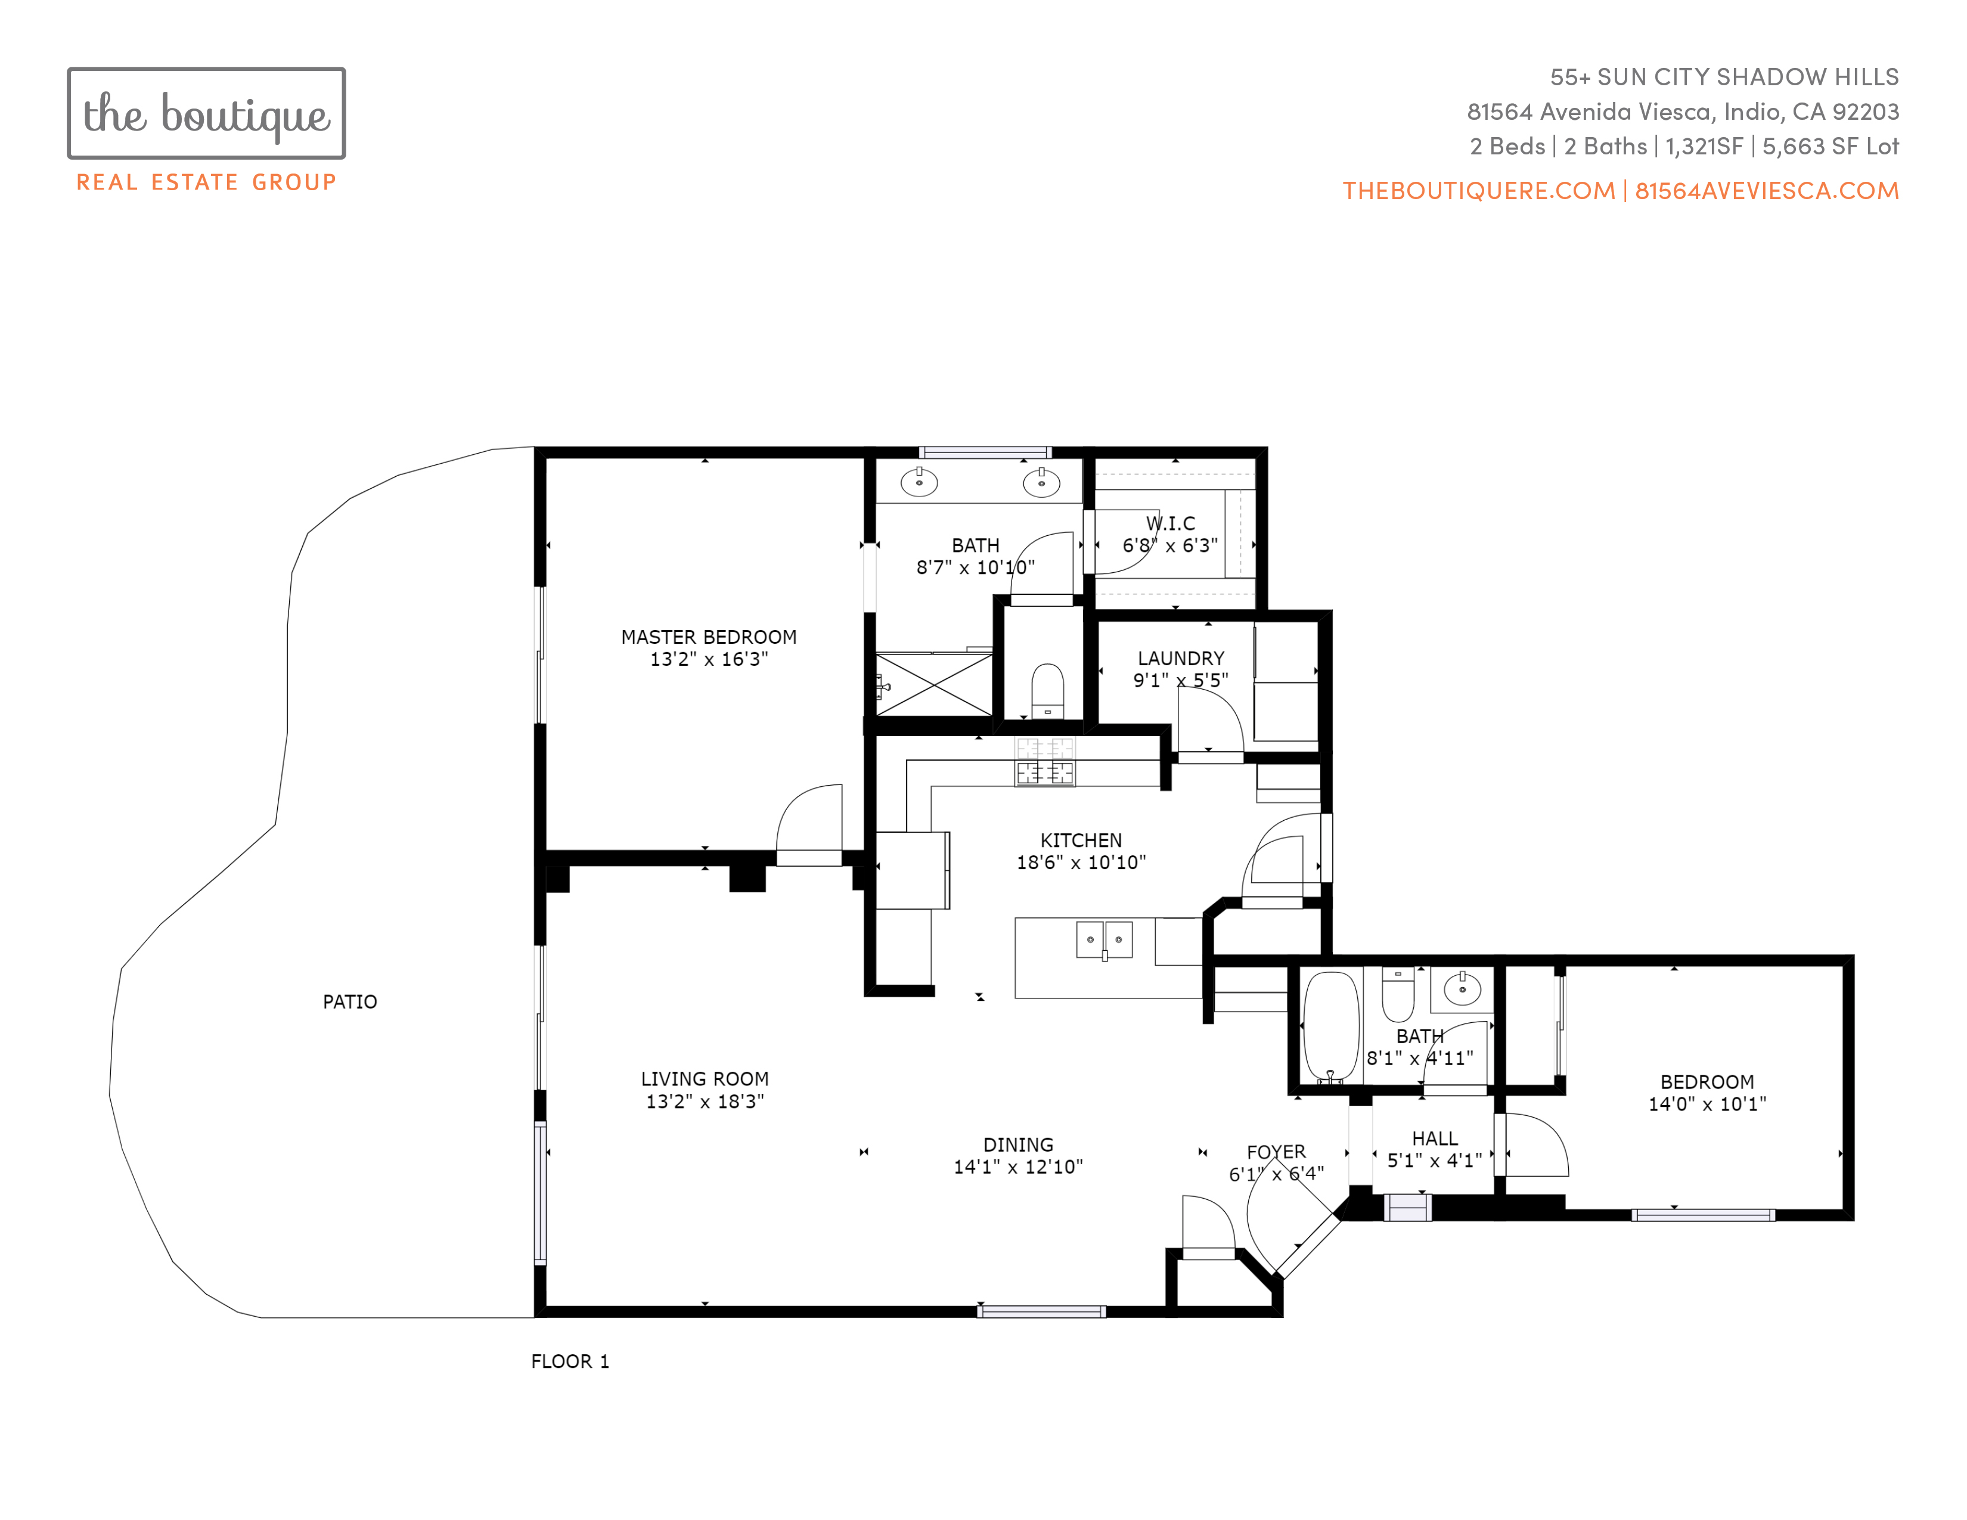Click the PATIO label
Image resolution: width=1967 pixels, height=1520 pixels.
349,1001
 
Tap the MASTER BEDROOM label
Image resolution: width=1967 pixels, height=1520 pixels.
709,637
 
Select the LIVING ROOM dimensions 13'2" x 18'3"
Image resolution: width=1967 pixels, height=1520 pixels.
705,1100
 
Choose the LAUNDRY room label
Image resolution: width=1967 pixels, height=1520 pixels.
1181,658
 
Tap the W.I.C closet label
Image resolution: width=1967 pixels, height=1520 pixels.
1170,523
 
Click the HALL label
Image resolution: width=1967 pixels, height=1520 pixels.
1435,1138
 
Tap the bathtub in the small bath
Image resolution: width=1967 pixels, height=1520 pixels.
1331,1026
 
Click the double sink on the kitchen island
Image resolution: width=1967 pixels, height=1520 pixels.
1104,939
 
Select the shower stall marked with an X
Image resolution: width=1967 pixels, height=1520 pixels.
934,684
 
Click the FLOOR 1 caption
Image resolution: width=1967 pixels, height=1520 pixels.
569,1361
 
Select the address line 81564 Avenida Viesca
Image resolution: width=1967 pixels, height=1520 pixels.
1683,111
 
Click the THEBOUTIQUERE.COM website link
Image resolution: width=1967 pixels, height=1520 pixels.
1479,191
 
